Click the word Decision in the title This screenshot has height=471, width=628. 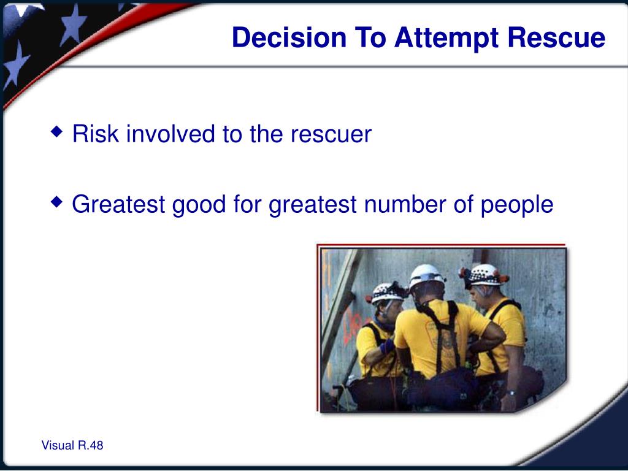tap(289, 37)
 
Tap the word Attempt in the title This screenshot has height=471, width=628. tap(446, 39)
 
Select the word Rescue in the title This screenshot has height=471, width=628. tap(556, 37)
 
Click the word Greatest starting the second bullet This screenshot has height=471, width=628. tap(118, 204)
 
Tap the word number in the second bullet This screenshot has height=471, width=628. tap(405, 204)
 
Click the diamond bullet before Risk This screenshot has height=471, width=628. tap(57, 131)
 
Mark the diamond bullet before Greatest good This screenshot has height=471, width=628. tap(57, 201)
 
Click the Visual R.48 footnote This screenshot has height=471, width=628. tap(72, 445)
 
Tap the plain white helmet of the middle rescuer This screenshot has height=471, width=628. tap(426, 277)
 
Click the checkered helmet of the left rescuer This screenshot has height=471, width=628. tap(386, 293)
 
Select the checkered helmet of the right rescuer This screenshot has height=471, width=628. tap(484, 275)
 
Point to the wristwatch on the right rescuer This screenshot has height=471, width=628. tap(510, 393)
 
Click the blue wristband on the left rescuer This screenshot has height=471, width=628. tap(387, 346)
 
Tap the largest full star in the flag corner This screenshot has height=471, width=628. tap(72, 25)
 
